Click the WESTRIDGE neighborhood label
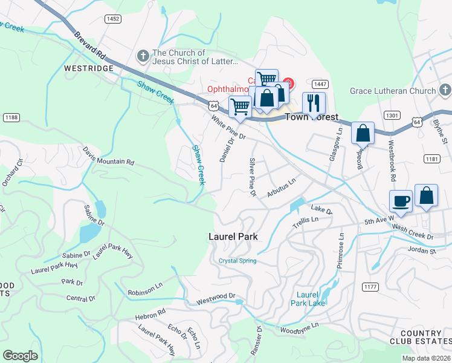[x=88, y=69]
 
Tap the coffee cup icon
[x=401, y=200]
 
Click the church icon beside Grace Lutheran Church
[x=445, y=91]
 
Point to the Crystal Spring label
[x=237, y=261]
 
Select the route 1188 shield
[x=10, y=117]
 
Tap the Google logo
[x=20, y=356]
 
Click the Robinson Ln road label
[x=145, y=292]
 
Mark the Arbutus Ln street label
[x=281, y=188]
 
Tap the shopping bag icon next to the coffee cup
[x=426, y=195]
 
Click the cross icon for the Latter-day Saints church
[x=143, y=57]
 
